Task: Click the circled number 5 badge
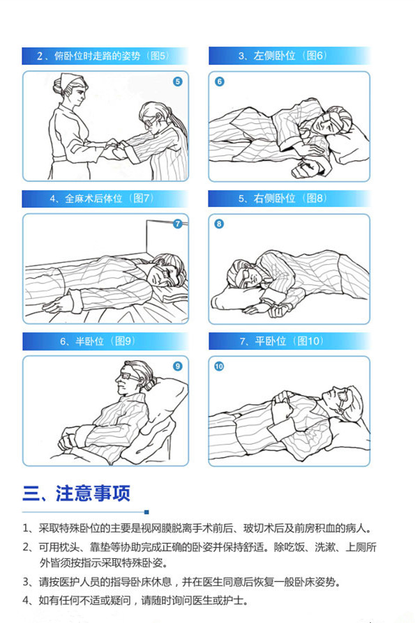click(x=178, y=82)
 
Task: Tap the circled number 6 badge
click(x=220, y=82)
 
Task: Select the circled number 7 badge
click(x=178, y=224)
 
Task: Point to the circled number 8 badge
click(x=219, y=224)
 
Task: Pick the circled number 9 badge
click(x=178, y=366)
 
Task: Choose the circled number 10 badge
click(x=219, y=367)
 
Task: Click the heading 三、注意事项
click(x=76, y=493)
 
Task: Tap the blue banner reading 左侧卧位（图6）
click(x=289, y=56)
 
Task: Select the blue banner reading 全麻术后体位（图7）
click(x=105, y=199)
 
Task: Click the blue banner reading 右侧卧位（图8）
click(x=289, y=199)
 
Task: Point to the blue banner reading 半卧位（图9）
click(x=105, y=341)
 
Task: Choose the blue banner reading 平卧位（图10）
click(x=289, y=341)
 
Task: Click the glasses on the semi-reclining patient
click(x=129, y=375)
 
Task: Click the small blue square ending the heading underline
click(x=146, y=512)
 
